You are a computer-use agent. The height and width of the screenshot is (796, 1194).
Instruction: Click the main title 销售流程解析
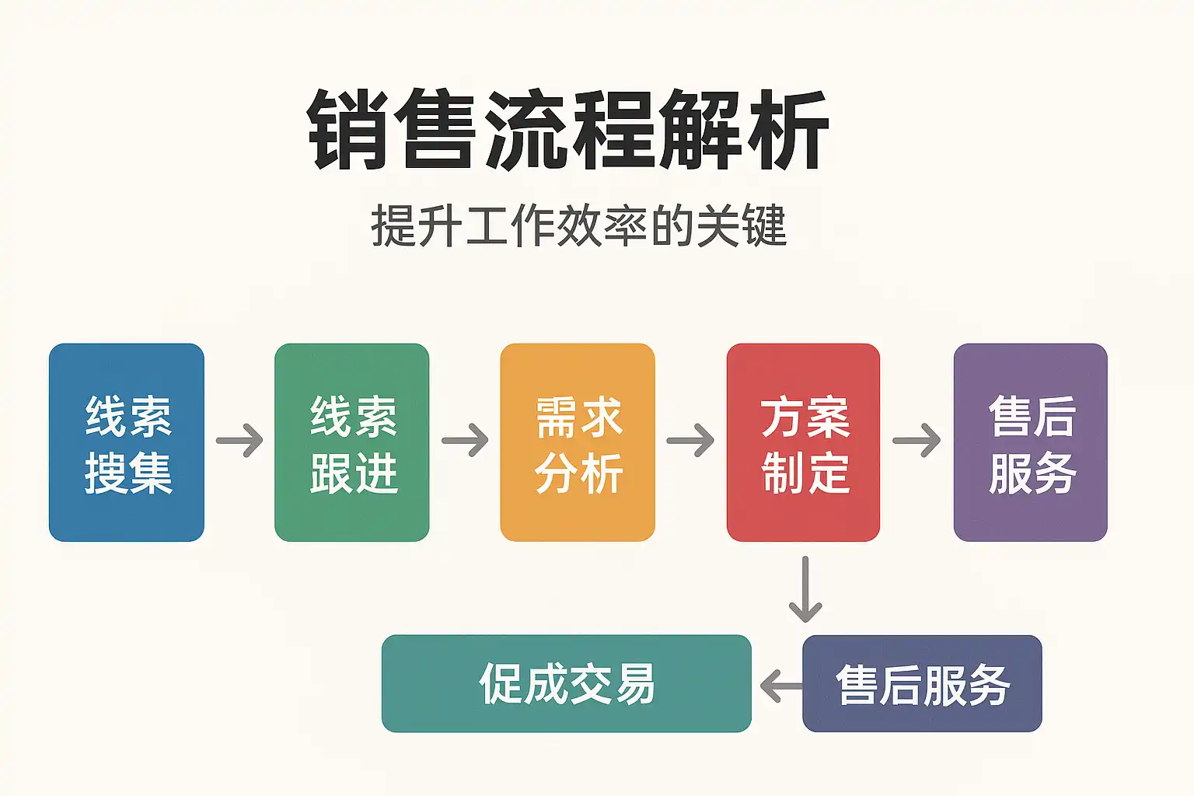pos(569,130)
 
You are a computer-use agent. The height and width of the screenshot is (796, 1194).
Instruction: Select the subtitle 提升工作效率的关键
pos(579,226)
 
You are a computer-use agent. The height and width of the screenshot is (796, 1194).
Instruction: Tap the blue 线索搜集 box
pos(127,442)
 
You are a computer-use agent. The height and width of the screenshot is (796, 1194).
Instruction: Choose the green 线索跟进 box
pos(352,442)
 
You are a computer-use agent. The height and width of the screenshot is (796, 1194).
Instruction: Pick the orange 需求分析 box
pos(578,442)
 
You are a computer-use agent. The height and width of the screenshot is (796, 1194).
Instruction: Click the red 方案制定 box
pos(803,442)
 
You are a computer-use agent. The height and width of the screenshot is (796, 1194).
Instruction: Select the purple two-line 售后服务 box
pos(1030,442)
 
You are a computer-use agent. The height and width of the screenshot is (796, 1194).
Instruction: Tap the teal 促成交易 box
pos(566,683)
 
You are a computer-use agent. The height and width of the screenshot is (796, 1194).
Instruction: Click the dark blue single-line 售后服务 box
pos(922,683)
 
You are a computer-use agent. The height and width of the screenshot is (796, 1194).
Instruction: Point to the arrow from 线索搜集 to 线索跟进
pos(239,441)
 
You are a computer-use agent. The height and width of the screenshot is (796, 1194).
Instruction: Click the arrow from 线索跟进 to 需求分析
pos(465,441)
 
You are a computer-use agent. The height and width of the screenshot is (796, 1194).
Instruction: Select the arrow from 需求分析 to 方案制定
pos(690,441)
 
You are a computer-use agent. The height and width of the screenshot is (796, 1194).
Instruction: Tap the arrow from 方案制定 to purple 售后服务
pos(916,441)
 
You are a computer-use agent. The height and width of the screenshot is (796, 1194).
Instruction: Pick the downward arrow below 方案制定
pos(805,589)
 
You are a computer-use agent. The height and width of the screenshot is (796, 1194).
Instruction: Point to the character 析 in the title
pos(787,130)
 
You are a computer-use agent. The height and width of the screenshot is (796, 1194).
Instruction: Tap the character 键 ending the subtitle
pos(765,226)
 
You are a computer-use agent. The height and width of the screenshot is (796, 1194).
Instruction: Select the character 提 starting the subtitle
pos(393,226)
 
